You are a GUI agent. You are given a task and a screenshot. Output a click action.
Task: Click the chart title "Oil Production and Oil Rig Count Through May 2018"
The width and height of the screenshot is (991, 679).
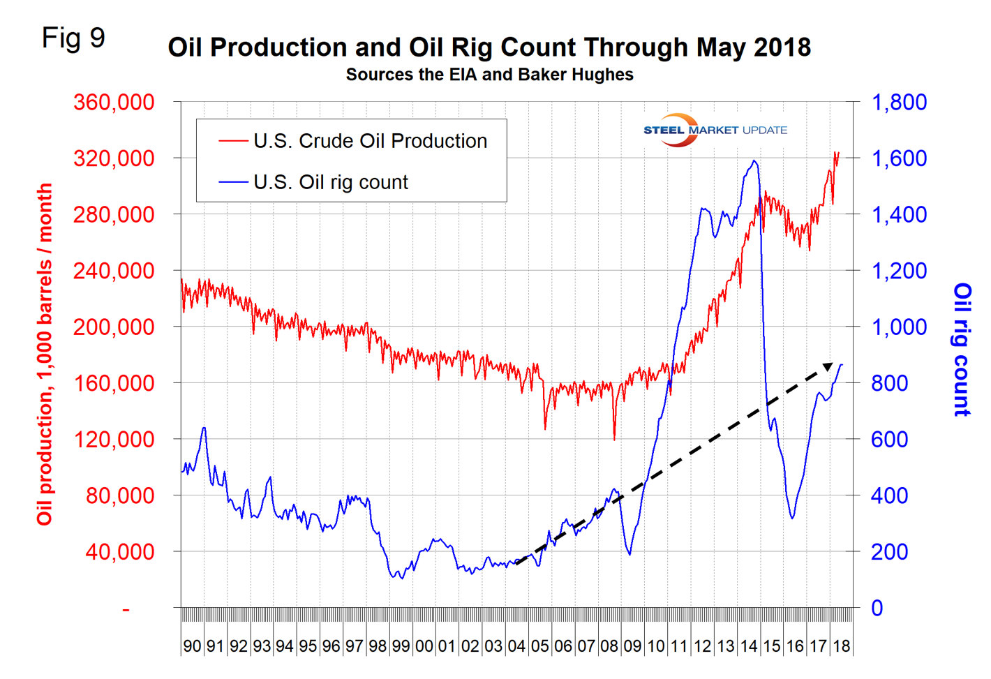tap(489, 47)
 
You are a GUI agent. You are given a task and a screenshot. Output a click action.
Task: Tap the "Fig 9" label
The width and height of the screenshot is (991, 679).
tap(73, 38)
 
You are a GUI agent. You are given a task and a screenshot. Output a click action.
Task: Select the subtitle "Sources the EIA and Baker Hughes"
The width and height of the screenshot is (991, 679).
tap(489, 75)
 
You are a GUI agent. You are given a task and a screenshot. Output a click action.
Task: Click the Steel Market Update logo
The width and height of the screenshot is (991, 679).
tap(715, 130)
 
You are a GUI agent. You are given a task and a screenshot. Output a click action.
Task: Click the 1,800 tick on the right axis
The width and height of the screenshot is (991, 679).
tap(899, 102)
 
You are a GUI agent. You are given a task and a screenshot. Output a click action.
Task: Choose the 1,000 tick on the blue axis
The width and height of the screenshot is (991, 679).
tap(899, 327)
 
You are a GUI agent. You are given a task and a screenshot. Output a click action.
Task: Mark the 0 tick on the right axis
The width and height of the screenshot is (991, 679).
tap(877, 608)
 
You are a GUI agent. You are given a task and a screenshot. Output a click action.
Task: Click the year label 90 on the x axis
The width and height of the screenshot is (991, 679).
tap(192, 646)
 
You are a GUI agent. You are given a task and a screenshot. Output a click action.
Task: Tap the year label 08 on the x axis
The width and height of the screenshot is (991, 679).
tap(609, 646)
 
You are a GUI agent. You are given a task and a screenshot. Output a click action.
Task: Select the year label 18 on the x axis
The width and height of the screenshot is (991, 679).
tap(842, 646)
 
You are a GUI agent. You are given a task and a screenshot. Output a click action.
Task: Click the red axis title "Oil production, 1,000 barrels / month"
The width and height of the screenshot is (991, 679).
tap(45, 355)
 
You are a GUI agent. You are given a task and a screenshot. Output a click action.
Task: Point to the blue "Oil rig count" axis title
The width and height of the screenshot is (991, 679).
tap(962, 350)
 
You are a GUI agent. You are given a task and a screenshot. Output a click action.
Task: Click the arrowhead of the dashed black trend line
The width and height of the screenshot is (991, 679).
tap(828, 366)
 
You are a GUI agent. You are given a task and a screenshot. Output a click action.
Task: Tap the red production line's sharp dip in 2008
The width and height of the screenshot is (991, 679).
tap(614, 438)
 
